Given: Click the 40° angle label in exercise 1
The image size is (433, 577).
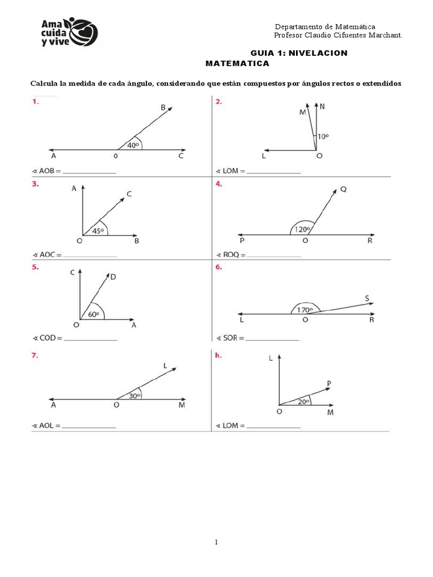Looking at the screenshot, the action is pos(133,145).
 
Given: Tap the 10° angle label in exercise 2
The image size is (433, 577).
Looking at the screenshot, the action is pos(323,136).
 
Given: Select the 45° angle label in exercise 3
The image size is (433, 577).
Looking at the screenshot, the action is pos(98,231).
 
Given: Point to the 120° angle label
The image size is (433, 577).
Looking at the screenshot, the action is pos(303,229).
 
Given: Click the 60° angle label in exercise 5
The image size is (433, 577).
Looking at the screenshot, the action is pos(94,314).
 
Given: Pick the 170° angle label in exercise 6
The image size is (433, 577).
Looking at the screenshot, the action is pos(305,310).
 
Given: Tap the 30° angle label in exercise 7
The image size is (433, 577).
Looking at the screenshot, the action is pos(135,396).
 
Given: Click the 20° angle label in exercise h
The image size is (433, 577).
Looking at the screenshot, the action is pos(303,402).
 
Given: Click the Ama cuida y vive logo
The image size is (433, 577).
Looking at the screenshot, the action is pos(69,33).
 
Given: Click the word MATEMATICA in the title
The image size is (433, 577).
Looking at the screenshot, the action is pos(237,63).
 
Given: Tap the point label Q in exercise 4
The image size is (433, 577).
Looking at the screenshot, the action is pos(343,189).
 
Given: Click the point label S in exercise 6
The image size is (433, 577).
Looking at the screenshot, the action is pos(366,299).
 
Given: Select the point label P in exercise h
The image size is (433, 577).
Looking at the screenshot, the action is pos(329,383).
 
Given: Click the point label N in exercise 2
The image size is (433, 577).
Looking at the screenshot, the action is pos(322,106).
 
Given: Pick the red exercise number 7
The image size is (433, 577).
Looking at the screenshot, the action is pos(34,356).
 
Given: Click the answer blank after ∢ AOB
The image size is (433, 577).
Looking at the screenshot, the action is pos(90,172).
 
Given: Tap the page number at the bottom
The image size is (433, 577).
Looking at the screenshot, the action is pos(216,542).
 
